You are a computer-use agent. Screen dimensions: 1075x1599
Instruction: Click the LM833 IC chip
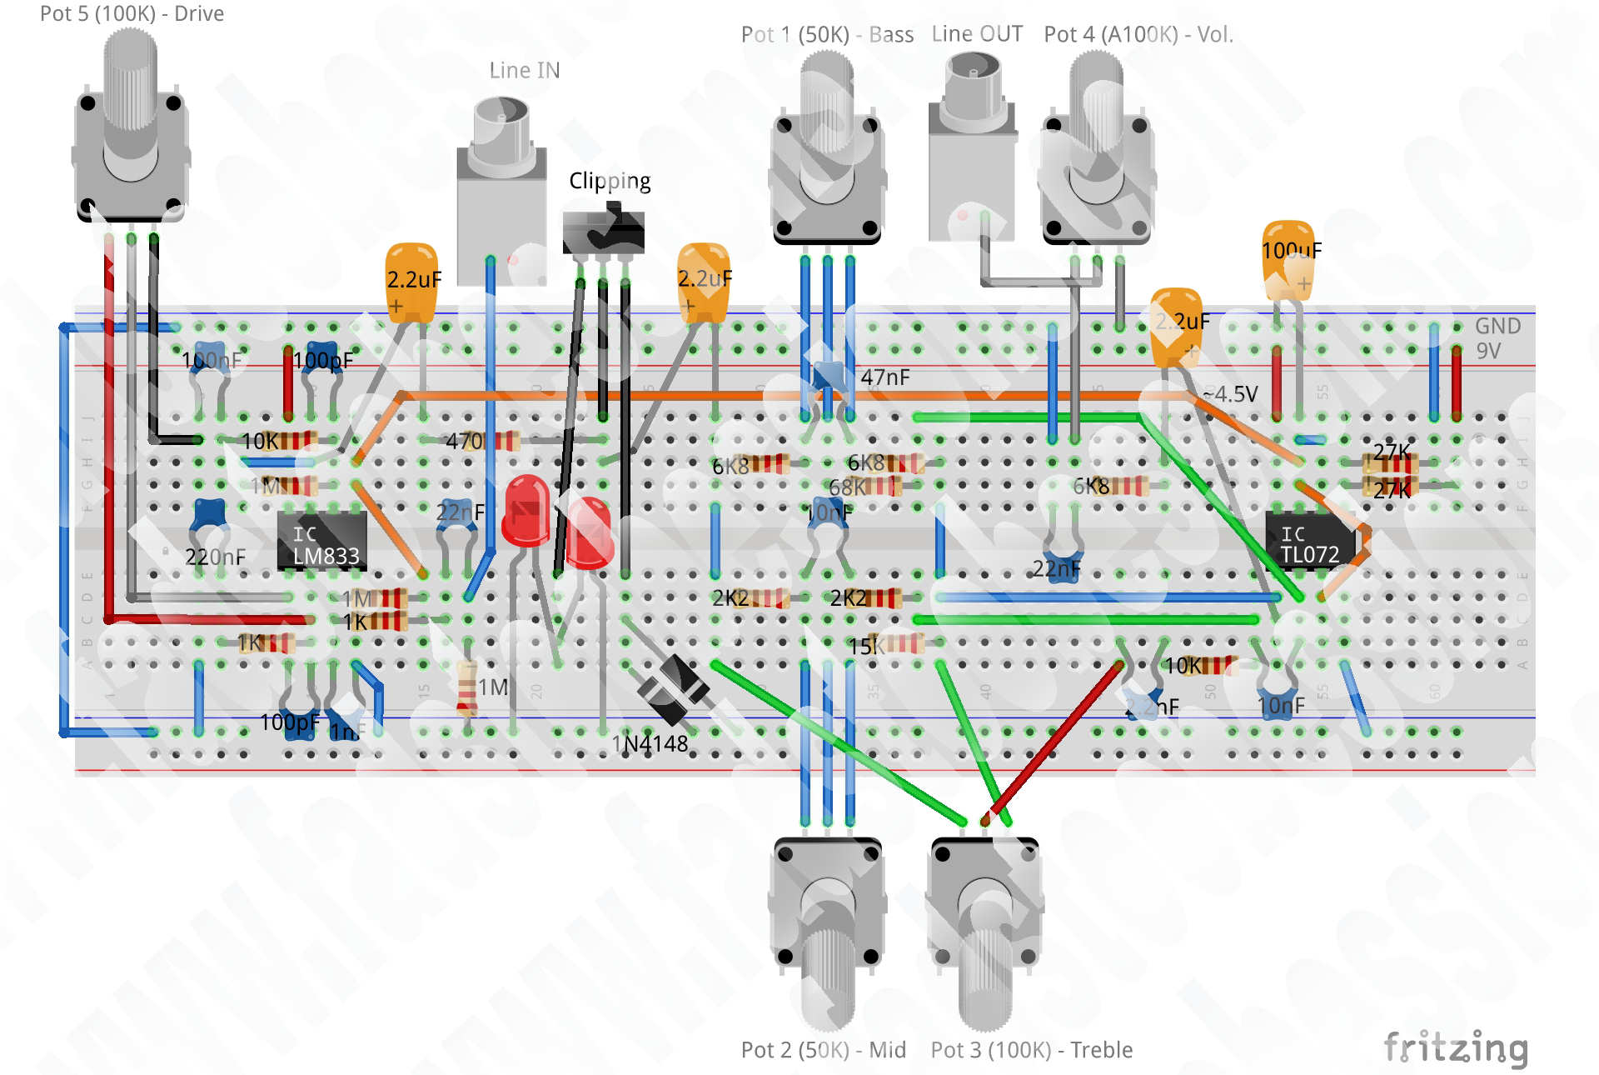pyautogui.click(x=323, y=542)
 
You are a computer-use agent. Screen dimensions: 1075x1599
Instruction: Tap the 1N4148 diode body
pyautogui.click(x=673, y=688)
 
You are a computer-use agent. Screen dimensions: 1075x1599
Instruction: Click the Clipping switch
pyautogui.click(x=603, y=232)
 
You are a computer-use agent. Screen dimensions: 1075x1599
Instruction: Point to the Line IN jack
pyautogui.click(x=501, y=192)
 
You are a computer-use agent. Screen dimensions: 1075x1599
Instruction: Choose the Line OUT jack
pyautogui.click(x=972, y=150)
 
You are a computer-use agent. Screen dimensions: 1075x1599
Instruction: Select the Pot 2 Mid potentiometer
pyautogui.click(x=827, y=925)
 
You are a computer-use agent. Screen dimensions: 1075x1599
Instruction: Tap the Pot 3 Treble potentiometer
pyautogui.click(x=985, y=925)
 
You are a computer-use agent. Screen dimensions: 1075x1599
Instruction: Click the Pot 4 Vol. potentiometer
pyautogui.click(x=1096, y=150)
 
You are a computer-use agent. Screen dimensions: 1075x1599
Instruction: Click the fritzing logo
pyautogui.click(x=1455, y=1048)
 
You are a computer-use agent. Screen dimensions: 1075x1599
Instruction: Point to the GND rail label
pyautogui.click(x=1497, y=326)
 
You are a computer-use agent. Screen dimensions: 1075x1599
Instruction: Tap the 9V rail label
pyautogui.click(x=1488, y=351)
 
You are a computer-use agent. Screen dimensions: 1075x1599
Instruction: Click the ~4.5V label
pyautogui.click(x=1230, y=394)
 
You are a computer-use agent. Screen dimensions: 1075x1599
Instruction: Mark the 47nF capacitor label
pyautogui.click(x=885, y=377)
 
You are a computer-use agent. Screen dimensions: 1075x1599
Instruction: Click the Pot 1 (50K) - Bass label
pyautogui.click(x=826, y=35)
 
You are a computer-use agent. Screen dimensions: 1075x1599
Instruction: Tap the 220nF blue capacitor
pyautogui.click(x=209, y=516)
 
